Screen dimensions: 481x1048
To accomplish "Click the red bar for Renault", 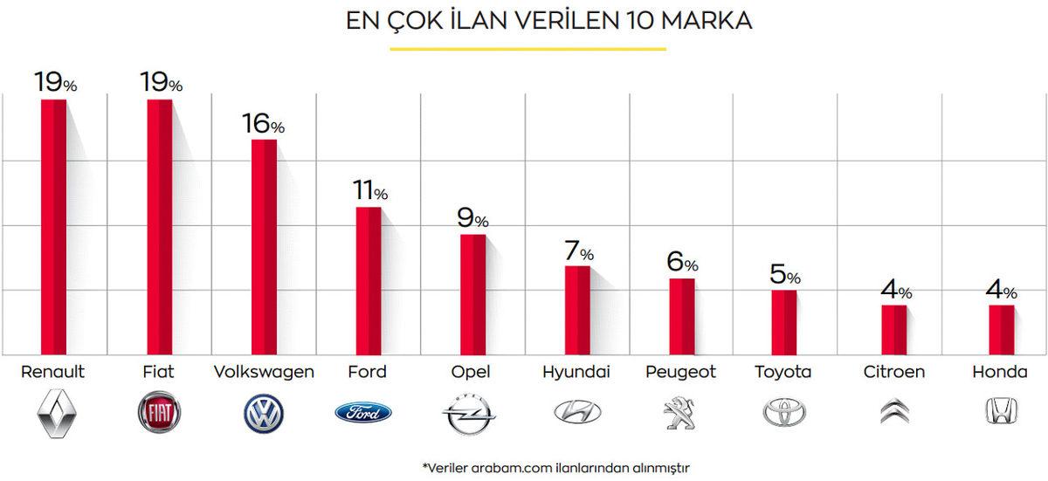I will (54, 227).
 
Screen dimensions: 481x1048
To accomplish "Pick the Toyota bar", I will (783, 322).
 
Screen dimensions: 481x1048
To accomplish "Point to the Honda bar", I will (1001, 329).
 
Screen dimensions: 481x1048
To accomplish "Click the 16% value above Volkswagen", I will (264, 124).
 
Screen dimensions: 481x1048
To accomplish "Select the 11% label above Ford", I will (369, 190).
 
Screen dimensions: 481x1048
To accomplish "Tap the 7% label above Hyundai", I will (578, 251).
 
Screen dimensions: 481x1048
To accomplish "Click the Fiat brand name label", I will (158, 372).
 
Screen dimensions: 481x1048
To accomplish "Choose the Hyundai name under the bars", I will (576, 373).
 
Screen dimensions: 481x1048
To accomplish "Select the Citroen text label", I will (893, 372).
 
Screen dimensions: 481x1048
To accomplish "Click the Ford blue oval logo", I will (363, 413).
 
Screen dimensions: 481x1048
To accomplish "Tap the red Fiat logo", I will (158, 413).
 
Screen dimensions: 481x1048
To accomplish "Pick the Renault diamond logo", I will (53, 414).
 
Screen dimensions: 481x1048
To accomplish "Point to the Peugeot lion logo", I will (679, 413).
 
